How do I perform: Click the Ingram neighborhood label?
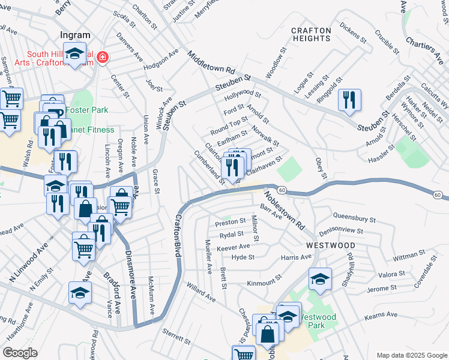(74, 35)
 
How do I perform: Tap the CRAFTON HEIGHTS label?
(311, 34)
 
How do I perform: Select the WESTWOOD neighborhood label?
(330, 245)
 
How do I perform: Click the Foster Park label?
(86, 110)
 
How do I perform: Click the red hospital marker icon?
(103, 58)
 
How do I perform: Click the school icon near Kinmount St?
(320, 279)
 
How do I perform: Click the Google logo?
(20, 353)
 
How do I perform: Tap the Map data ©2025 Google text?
(410, 355)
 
